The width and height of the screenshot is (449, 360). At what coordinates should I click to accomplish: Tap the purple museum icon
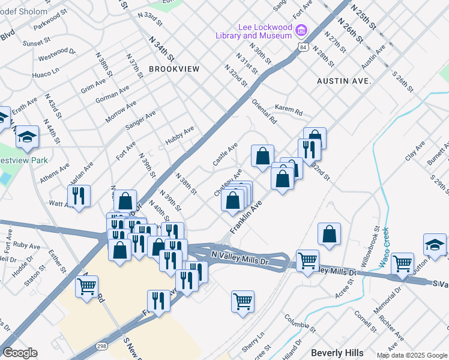[x=302, y=29]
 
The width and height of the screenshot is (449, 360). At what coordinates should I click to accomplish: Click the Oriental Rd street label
[x=264, y=112]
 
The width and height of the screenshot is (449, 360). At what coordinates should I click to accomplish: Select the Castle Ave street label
[x=225, y=154]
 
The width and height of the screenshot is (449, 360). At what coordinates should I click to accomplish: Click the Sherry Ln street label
[x=253, y=342]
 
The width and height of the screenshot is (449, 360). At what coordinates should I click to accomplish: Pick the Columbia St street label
[x=300, y=323]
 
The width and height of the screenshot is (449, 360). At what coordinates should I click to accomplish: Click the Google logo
[x=20, y=353]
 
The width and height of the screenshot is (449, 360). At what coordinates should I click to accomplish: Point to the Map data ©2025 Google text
[x=412, y=355]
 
